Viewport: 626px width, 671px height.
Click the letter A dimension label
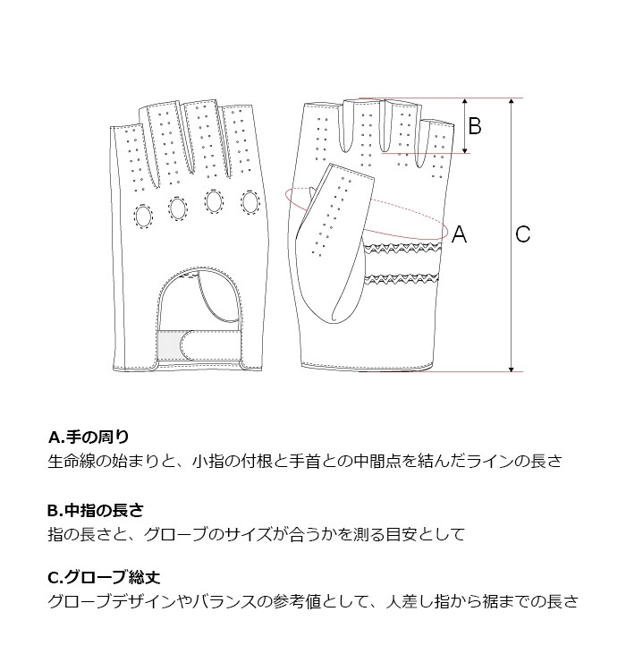[x=460, y=234]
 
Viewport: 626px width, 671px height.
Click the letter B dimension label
[x=475, y=126]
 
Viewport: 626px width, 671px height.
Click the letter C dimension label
[x=523, y=234]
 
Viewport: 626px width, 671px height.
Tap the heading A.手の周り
[x=89, y=437]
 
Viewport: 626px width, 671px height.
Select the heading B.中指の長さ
[x=95, y=511]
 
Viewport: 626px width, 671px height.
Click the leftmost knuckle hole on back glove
[x=143, y=217]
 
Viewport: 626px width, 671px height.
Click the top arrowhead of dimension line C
[x=512, y=101]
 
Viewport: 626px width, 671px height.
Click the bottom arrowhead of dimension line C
[x=512, y=368]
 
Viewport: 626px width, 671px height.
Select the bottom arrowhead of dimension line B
[x=465, y=150]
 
